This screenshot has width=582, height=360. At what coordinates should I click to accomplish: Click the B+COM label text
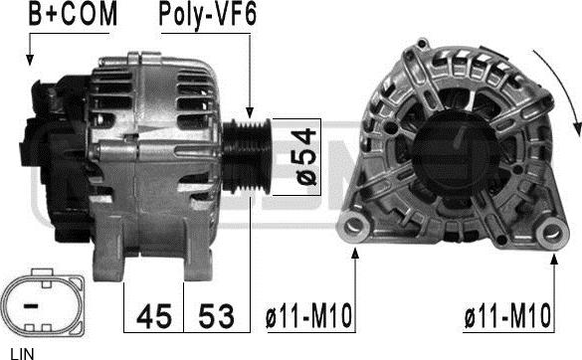(72, 15)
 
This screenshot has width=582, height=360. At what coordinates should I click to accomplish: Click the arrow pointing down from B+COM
(31, 50)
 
